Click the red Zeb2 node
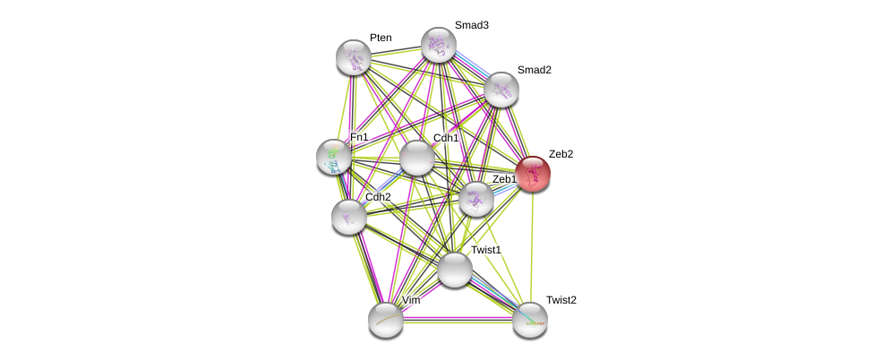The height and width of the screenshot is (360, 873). point(533,174)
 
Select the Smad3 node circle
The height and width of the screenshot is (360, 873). point(439,45)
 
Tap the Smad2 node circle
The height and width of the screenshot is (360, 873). point(501,90)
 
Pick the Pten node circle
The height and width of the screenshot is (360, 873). point(354,57)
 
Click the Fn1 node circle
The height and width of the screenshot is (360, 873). point(334,157)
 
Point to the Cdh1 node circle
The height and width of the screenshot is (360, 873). point(417,158)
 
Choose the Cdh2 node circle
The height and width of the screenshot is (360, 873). point(349,217)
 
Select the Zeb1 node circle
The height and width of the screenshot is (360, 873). point(476,199)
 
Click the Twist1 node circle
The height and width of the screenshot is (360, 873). point(455,270)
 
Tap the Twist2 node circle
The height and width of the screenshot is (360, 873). point(530,320)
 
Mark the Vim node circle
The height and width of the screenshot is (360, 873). point(386,320)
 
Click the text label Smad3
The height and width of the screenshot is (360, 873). point(471,25)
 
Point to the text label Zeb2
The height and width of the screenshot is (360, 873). point(561,154)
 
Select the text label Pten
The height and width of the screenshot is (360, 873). point(381,38)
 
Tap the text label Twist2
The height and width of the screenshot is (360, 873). point(561,300)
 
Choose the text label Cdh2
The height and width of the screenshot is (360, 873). point(378,197)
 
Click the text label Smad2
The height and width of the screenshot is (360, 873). point(534,70)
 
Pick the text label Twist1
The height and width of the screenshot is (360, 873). point(486,250)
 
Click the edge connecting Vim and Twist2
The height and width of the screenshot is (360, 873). point(458,320)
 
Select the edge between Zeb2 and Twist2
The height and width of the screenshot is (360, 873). point(532,246)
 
